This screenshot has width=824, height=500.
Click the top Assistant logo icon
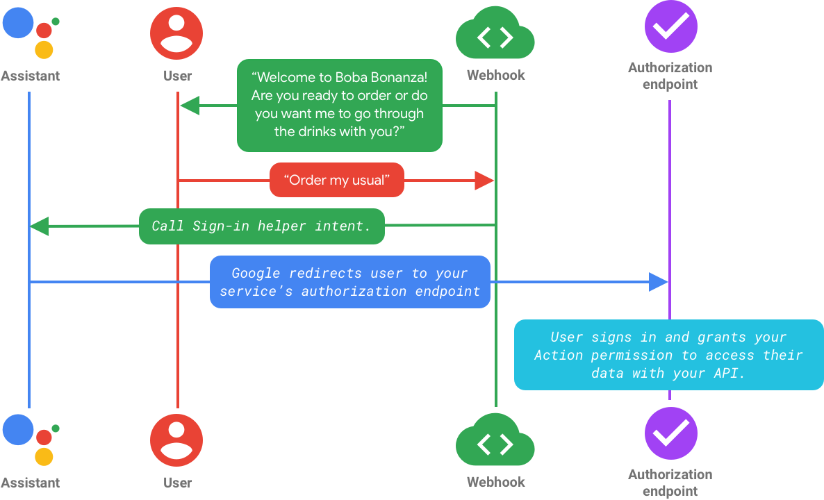pos(29,31)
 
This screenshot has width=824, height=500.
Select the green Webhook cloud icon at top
pos(495,37)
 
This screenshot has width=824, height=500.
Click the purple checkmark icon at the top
pos(670,26)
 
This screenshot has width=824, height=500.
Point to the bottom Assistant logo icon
pos(29,439)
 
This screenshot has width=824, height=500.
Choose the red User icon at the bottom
pos(176,440)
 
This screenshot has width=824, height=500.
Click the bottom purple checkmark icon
pos(670,433)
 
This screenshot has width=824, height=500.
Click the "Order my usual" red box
pos(337,181)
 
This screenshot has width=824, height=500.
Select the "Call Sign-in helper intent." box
pos(261,226)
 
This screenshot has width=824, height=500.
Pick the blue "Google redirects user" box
pos(350,282)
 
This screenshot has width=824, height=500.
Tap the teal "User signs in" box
pos(668,355)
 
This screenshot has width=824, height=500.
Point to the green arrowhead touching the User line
pos(189,106)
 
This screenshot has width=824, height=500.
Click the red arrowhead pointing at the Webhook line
pos(484,181)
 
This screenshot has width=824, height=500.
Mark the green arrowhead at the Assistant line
pos(40,226)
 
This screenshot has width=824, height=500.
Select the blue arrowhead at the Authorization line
pos(658,282)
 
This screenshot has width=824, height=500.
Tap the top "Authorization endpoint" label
pos(670,76)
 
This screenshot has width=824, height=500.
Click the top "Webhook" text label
pos(495,76)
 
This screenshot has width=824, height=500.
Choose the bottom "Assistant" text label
pos(30,483)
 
